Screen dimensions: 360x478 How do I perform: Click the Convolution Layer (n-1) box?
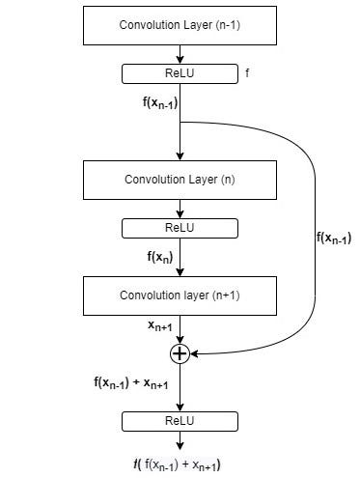coord(180,25)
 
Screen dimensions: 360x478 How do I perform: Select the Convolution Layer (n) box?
coord(180,180)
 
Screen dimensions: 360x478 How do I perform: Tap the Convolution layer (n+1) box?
coord(180,295)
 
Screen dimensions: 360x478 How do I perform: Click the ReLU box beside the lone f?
coord(180,73)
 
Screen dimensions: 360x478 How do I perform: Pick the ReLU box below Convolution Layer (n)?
coord(180,228)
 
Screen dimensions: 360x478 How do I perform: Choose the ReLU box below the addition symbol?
coord(180,421)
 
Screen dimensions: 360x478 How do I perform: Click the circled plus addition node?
coord(180,353)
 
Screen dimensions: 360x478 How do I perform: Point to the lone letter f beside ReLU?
coord(247,73)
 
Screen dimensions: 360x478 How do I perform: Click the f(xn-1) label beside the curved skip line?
coord(334,239)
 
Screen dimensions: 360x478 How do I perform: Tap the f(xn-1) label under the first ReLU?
coord(160,103)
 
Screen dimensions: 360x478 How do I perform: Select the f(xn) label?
coord(160,257)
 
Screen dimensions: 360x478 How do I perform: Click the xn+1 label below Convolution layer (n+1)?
coord(160,326)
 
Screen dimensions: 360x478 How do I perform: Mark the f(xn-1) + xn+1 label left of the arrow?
coord(131,382)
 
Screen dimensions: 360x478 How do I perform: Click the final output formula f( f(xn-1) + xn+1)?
coord(177,464)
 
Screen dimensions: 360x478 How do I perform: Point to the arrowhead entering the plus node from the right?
coord(194,353)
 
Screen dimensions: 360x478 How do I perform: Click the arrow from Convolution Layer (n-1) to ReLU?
coord(180,54)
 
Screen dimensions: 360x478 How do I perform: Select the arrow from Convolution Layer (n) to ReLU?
coord(180,209)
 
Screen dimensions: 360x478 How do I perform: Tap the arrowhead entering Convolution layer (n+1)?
coord(180,272)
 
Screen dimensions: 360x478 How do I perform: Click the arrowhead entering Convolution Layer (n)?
coord(180,156)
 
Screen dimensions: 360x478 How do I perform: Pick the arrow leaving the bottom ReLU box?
coord(180,440)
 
